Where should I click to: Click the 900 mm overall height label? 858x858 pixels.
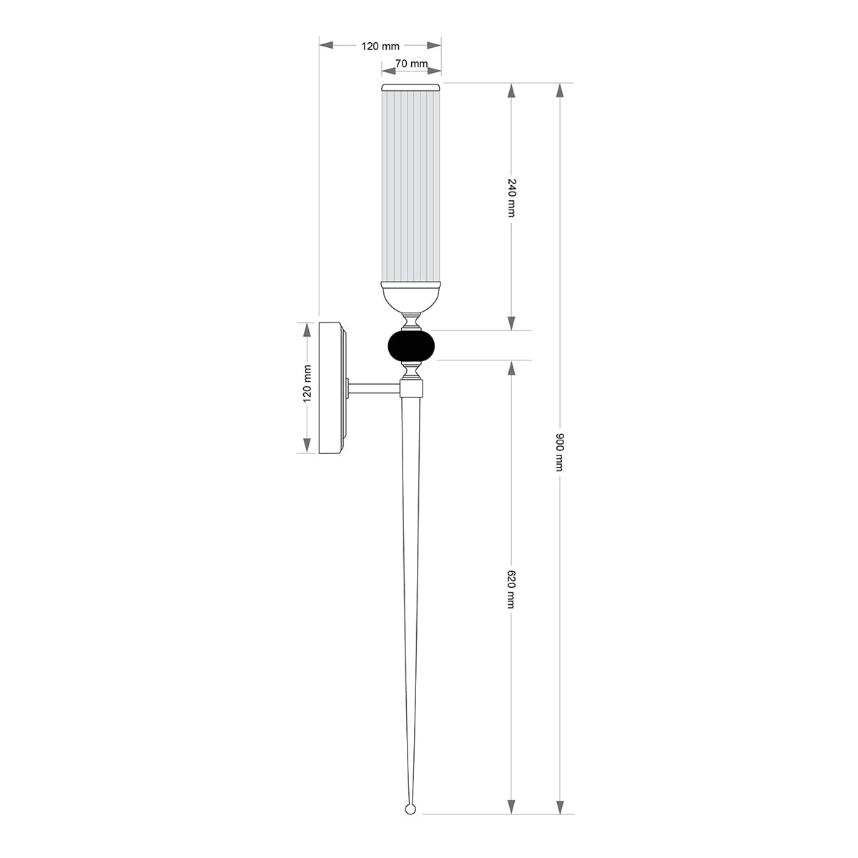[559, 451]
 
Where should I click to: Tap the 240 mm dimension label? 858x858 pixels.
[511, 197]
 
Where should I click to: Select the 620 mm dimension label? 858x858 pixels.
[511, 589]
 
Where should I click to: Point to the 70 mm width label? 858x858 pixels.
[411, 64]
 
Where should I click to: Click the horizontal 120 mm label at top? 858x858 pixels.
[380, 46]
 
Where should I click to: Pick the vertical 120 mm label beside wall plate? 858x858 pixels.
[307, 384]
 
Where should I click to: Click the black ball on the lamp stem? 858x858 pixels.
[410, 345]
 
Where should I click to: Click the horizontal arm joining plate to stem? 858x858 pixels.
[373, 389]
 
